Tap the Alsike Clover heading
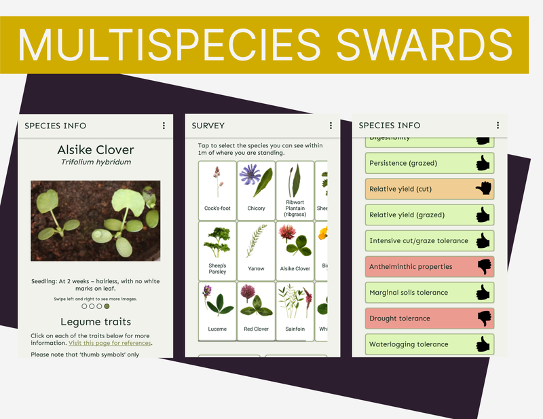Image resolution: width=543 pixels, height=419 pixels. point(95,149)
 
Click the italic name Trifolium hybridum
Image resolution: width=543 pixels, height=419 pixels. point(95,162)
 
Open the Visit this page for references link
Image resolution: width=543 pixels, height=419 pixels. point(109,343)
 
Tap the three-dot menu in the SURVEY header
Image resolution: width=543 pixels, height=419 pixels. point(331,126)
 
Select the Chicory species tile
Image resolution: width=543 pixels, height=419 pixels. point(256,189)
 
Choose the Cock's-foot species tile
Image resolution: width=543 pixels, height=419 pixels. point(217,189)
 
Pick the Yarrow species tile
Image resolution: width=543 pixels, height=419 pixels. point(256,249)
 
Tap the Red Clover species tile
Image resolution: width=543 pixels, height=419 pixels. point(256,310)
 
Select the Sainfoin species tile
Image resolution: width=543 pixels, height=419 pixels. point(295,310)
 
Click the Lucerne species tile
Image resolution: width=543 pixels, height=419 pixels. point(217,310)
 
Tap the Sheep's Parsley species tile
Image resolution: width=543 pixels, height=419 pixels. point(217,249)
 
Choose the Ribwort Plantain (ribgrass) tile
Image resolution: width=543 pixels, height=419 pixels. point(295,189)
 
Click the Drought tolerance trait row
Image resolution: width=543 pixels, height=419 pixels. point(429,318)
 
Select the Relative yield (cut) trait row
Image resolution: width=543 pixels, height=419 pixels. point(429,189)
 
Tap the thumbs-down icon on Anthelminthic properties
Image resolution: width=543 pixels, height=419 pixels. point(483,267)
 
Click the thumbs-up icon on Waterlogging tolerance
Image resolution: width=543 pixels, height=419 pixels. point(483,344)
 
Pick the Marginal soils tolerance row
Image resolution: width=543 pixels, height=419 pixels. point(429,293)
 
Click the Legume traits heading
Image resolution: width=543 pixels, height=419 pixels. point(95,322)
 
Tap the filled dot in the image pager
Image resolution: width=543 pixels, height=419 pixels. point(107,306)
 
